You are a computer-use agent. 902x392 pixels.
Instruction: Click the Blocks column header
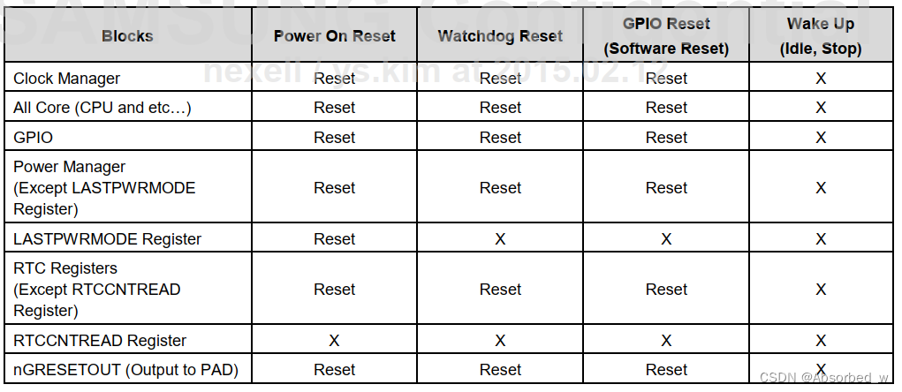(127, 36)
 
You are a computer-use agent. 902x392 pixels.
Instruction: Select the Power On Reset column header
(334, 36)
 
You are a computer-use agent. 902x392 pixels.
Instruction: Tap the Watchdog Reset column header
(500, 36)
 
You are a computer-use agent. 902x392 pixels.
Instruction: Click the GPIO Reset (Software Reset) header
(666, 36)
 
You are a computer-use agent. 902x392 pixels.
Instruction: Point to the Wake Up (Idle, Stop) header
(820, 36)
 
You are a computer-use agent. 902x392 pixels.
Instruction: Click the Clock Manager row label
(66, 79)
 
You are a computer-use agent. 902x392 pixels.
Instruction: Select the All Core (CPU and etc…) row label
(102, 108)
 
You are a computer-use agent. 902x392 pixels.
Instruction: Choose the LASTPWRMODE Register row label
(107, 239)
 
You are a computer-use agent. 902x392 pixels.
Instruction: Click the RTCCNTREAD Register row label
(100, 341)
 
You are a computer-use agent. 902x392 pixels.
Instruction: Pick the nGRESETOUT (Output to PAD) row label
(125, 370)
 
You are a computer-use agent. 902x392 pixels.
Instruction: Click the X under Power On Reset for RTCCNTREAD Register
(334, 341)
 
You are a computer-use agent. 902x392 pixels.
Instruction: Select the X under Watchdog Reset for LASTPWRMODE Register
(500, 239)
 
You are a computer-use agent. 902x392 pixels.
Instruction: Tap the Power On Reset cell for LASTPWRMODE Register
(334, 239)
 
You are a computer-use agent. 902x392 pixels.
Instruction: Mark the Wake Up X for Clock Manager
(820, 79)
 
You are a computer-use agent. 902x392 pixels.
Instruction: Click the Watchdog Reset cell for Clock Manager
(500, 79)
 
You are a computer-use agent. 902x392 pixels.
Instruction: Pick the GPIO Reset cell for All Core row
(666, 108)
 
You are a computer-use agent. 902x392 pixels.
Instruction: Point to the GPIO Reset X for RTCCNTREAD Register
(666, 341)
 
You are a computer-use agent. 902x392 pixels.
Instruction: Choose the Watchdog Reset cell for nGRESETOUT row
(500, 370)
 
